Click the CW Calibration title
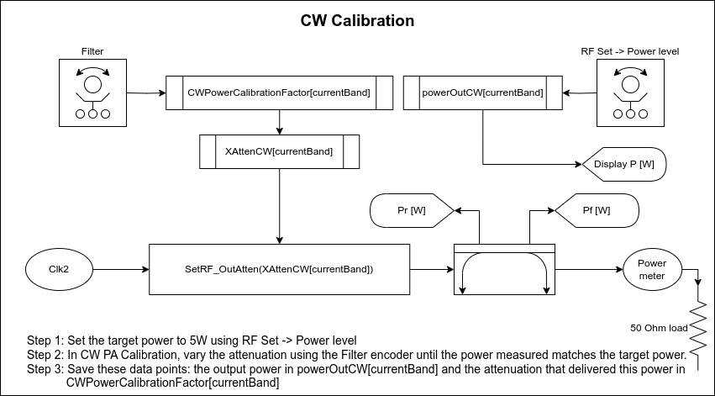[357, 21]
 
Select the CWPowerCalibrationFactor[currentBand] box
[279, 92]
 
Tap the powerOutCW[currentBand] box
[481, 92]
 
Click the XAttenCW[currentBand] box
[279, 151]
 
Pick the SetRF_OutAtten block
[279, 269]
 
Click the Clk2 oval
[59, 269]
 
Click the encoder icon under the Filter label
[92, 92]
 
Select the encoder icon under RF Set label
[629, 92]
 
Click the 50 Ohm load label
[659, 327]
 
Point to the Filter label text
[92, 51]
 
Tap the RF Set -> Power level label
[629, 51]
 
